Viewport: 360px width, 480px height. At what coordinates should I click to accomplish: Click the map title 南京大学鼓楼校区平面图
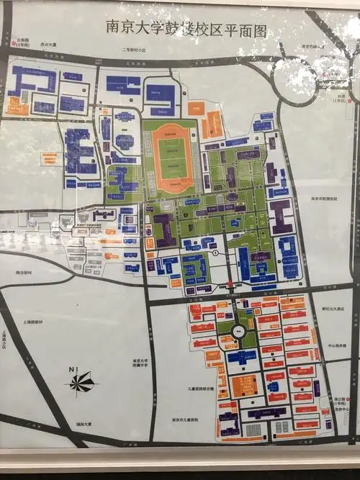[x=186, y=29]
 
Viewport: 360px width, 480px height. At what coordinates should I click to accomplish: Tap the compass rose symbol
[x=83, y=382]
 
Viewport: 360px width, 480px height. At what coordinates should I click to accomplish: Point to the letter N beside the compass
[x=72, y=370]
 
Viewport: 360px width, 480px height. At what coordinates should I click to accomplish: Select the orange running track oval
[x=171, y=156]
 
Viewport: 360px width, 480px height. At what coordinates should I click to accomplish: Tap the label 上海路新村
[x=35, y=322]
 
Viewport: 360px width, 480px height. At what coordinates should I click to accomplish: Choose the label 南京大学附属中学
[x=140, y=363]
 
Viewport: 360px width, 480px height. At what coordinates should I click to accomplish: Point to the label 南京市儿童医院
[x=185, y=419]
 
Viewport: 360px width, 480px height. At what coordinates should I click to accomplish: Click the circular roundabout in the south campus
[x=238, y=332]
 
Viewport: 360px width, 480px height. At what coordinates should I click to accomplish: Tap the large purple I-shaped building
[x=281, y=215]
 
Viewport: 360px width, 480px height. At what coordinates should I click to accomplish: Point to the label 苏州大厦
[x=48, y=44]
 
